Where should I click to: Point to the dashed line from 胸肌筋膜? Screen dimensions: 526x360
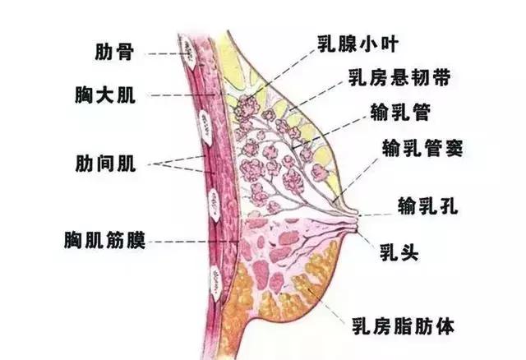pyautogui.click(x=189, y=242)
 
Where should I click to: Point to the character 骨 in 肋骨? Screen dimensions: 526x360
pyautogui.click(x=127, y=53)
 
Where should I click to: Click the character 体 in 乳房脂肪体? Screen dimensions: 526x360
pyautogui.click(x=443, y=322)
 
